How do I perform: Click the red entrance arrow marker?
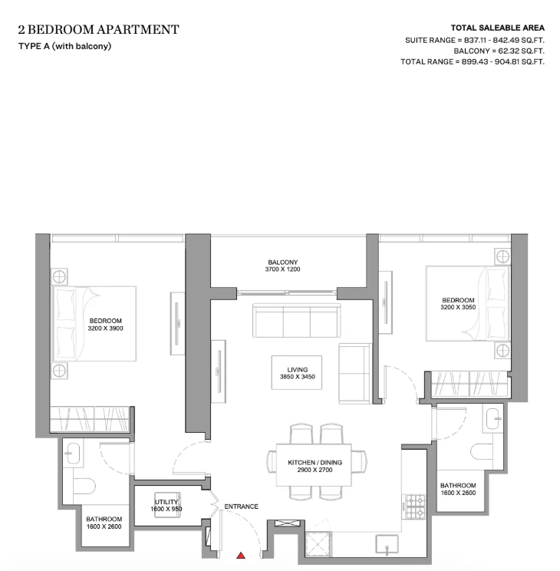(x=241, y=556)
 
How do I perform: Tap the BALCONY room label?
(x=283, y=262)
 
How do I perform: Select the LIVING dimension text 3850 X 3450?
(x=298, y=377)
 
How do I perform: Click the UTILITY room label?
(x=166, y=502)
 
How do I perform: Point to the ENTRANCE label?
(x=242, y=507)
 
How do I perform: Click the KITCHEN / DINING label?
(x=315, y=463)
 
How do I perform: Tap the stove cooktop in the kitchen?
(x=416, y=507)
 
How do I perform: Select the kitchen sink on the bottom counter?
(x=387, y=545)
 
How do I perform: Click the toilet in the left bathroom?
(x=84, y=487)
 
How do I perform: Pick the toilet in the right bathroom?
(x=482, y=452)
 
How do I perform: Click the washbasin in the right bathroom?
(x=493, y=419)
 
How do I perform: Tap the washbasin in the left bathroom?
(x=74, y=454)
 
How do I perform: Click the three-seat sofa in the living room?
(x=297, y=321)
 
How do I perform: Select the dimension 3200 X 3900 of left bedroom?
(x=106, y=328)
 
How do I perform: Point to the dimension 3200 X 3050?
(x=458, y=307)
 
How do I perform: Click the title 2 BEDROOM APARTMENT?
(x=99, y=29)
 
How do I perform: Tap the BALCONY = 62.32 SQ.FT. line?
(x=499, y=51)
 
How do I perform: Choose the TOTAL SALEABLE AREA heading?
(x=498, y=28)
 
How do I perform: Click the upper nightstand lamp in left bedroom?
(x=59, y=277)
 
